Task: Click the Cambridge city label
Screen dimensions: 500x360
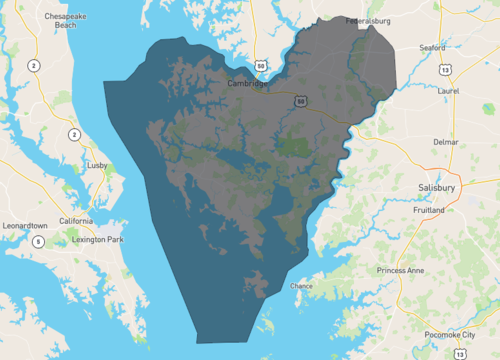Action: coord(248,84)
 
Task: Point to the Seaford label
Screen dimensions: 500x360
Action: coord(432,47)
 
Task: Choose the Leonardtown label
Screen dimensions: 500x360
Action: coord(27,225)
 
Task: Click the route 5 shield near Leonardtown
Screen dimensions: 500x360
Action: coord(38,241)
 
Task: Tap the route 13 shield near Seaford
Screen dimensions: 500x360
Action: coord(443,70)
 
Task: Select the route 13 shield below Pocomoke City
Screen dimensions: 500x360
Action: coord(458,353)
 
